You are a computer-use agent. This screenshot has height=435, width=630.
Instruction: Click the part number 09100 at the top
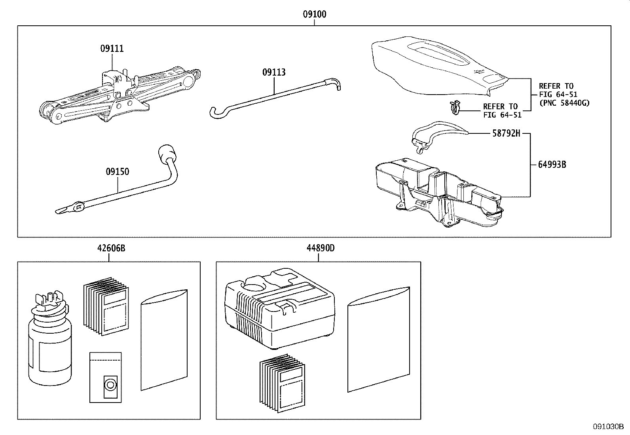315,15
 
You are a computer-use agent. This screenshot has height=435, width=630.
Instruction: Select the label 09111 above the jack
112,49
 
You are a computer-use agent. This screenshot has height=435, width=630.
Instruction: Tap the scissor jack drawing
119,95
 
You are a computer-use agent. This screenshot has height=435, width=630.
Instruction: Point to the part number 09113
274,72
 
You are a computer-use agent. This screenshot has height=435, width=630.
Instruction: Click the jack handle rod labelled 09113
273,95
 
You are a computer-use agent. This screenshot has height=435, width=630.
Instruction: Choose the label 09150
117,172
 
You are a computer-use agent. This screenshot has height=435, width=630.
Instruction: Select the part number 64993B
552,164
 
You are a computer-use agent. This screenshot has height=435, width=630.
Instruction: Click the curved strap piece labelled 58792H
435,135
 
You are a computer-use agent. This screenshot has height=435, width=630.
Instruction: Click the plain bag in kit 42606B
164,340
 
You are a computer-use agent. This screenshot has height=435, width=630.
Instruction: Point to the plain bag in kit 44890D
378,339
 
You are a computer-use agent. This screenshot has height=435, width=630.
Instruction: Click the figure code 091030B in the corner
608,427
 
